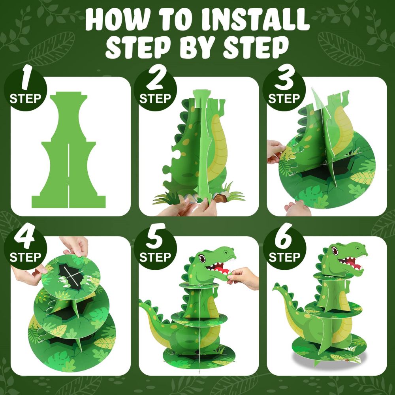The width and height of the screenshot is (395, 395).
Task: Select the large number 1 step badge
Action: pos(26,89)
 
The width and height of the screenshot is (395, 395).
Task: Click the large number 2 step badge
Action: pos(155,89)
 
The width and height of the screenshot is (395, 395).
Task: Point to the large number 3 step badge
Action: pos(284,89)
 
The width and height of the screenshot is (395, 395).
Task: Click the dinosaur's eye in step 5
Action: pos(202,259)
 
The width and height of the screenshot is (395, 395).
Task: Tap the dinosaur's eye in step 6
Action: pos(334,250)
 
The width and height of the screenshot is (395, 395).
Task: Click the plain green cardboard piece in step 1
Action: pos(69,150)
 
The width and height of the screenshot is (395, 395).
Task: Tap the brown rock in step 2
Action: pos(218,196)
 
